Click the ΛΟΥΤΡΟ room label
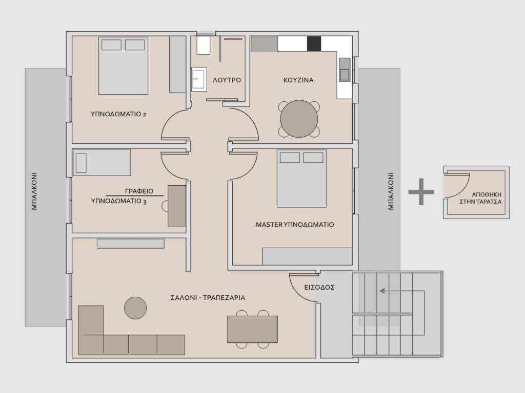click(x=227, y=80)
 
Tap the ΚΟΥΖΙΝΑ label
click(x=298, y=80)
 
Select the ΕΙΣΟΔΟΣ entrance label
click(x=319, y=287)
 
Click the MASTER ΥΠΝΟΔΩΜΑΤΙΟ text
click(x=295, y=225)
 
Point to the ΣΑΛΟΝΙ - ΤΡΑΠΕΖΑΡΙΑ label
click(x=208, y=297)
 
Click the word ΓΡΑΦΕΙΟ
click(x=139, y=191)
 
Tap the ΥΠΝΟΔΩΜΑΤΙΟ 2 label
click(x=118, y=114)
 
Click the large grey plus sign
click(x=421, y=192)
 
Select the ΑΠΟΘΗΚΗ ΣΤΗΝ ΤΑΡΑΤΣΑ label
click(x=480, y=198)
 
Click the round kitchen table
click(x=299, y=119)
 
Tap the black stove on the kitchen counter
click(x=314, y=43)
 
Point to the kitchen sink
click(x=345, y=69)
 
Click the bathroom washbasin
click(x=198, y=79)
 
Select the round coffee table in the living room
click(x=135, y=308)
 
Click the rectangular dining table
click(x=252, y=329)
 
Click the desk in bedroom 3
click(x=177, y=206)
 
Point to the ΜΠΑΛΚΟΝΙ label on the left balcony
click(x=34, y=191)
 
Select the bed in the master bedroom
click(x=301, y=179)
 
